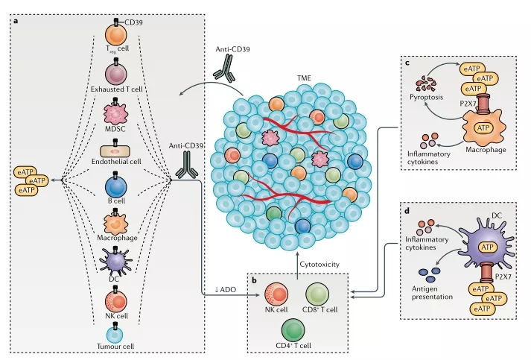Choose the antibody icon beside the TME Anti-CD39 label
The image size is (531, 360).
pos(223,68)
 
